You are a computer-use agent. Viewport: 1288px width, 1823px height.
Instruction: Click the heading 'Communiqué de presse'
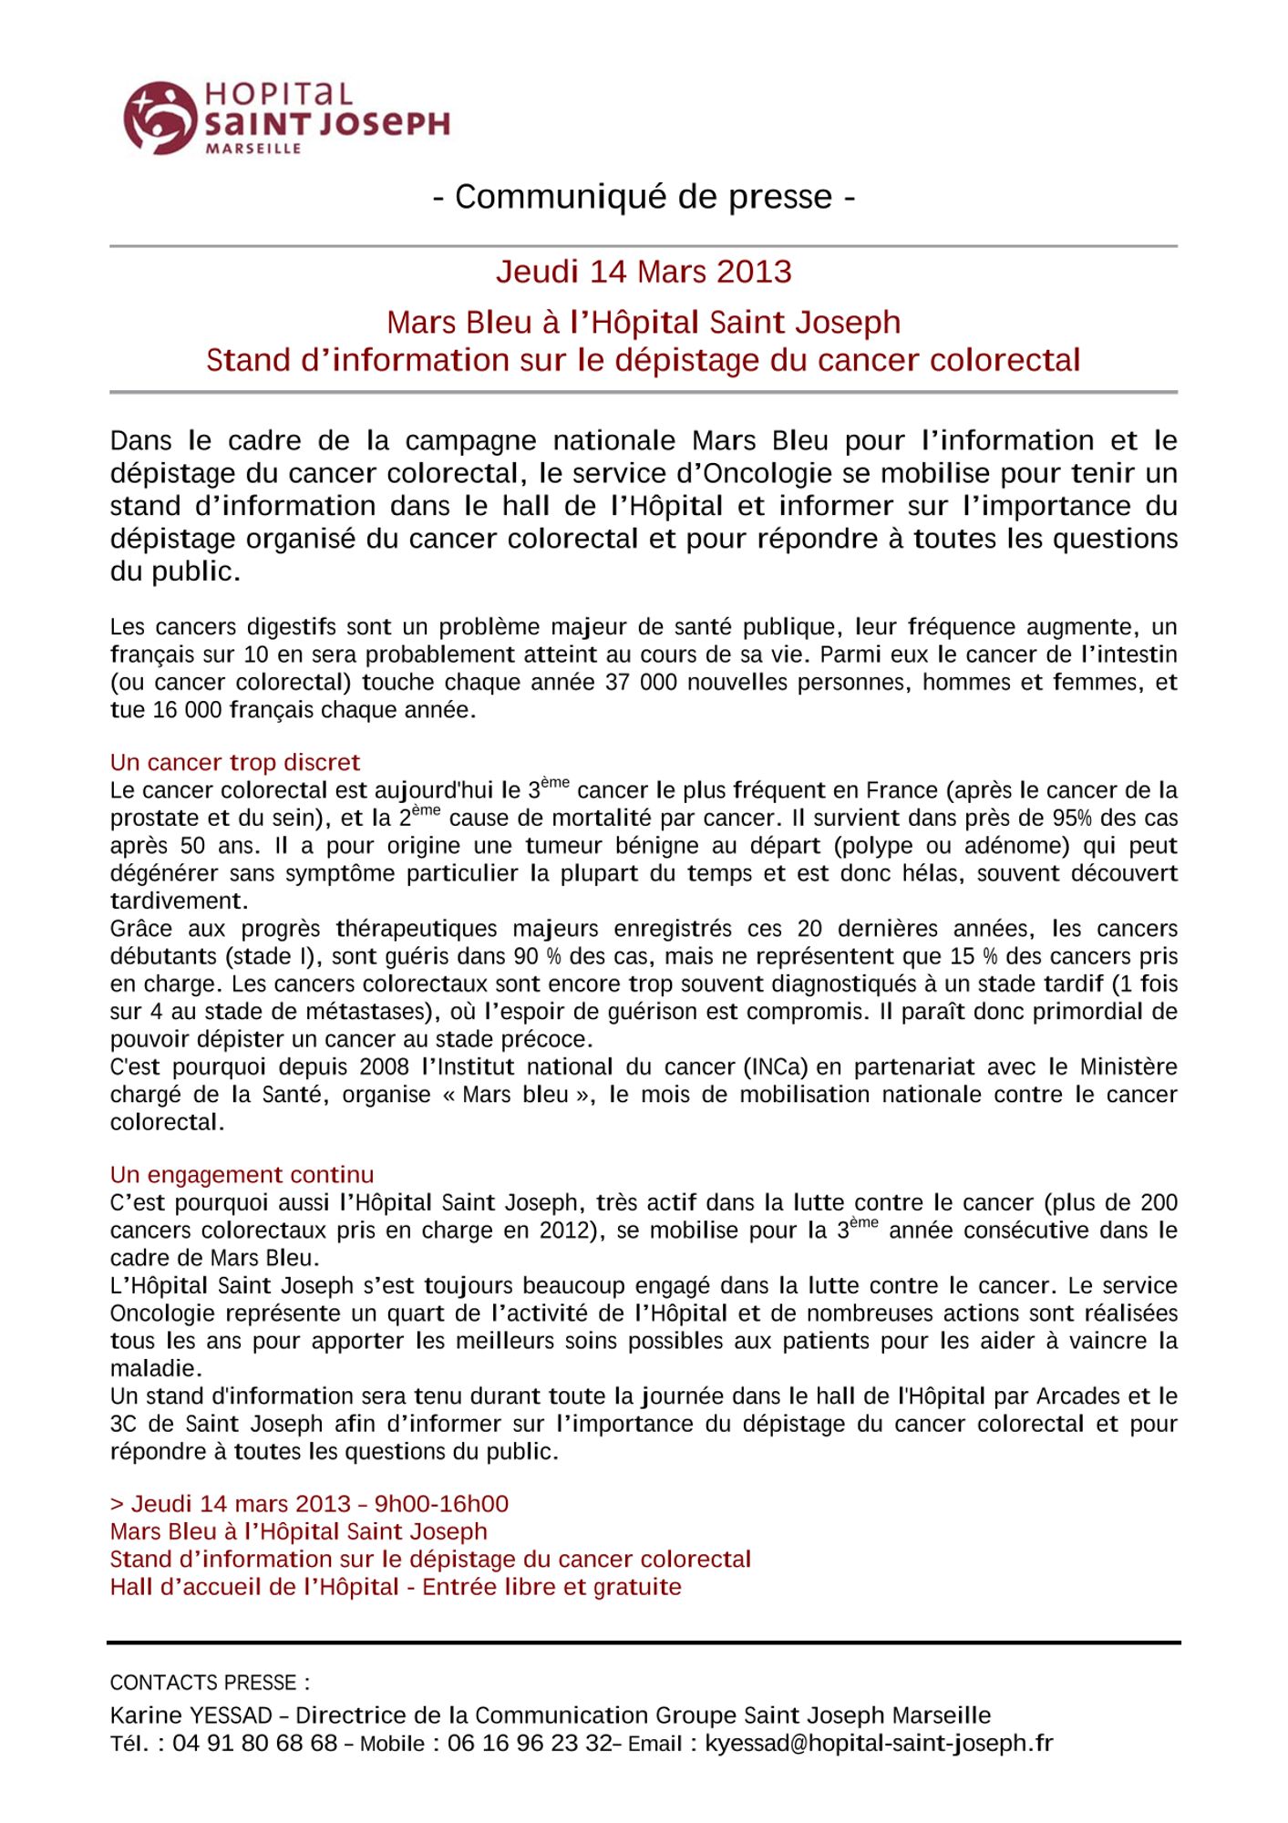click(644, 197)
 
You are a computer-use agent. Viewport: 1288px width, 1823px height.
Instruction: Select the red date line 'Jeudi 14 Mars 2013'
click(644, 272)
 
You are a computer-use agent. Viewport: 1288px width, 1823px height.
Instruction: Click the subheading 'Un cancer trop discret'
click(235, 762)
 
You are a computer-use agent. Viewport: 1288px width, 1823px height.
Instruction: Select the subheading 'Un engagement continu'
click(242, 1175)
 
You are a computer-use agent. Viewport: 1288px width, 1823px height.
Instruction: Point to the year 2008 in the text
click(385, 1066)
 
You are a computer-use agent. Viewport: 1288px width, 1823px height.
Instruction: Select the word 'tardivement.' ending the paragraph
click(179, 901)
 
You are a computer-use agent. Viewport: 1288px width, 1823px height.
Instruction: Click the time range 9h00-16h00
click(441, 1503)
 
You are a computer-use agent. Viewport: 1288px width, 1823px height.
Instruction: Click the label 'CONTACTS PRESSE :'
click(210, 1683)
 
